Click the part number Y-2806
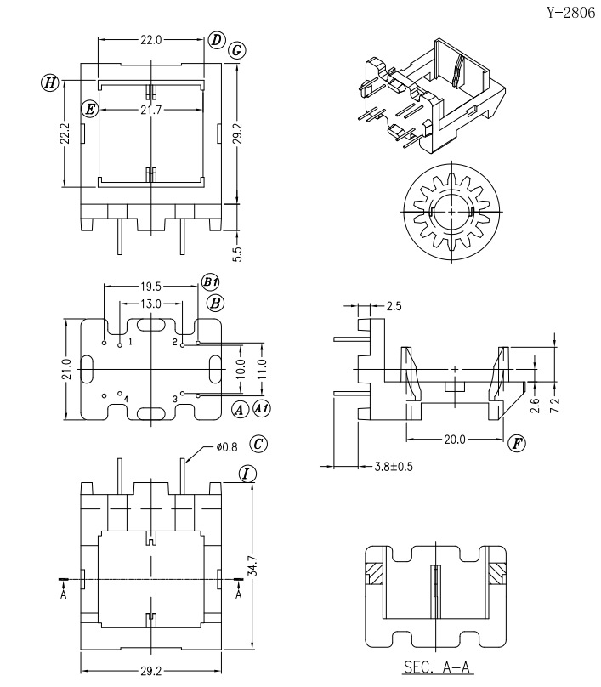[x=571, y=13]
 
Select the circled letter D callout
[x=217, y=40]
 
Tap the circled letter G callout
[x=236, y=50]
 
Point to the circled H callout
[x=50, y=82]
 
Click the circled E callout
[x=90, y=108]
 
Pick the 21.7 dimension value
[x=150, y=110]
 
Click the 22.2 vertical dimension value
[x=65, y=133]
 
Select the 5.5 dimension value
[x=237, y=254]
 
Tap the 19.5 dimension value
[x=150, y=287]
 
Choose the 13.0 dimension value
[x=150, y=304]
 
